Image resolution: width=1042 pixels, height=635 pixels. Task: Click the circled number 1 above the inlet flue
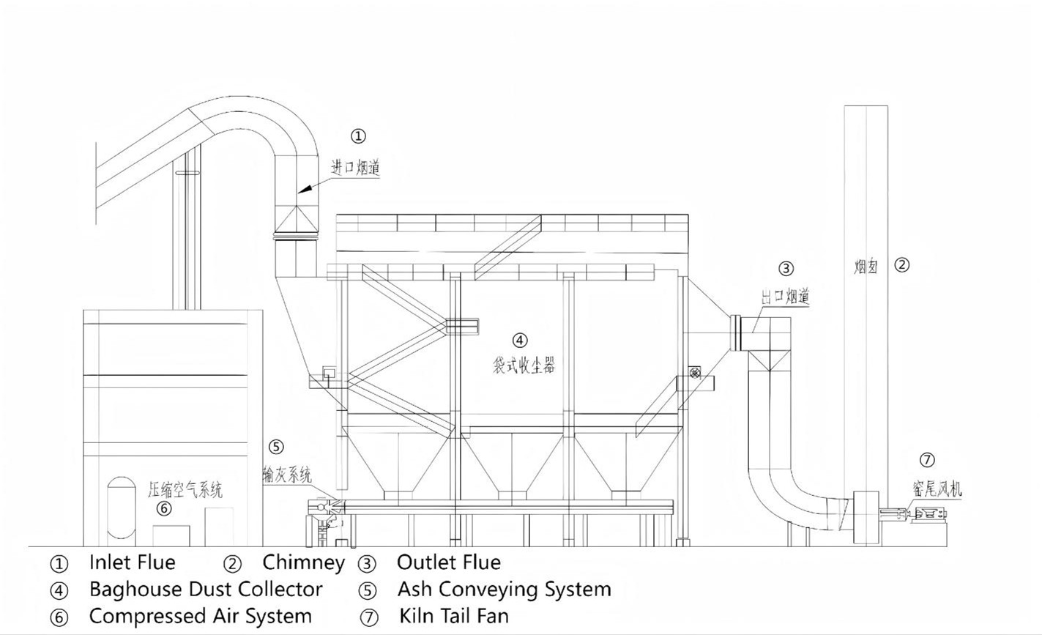click(x=357, y=135)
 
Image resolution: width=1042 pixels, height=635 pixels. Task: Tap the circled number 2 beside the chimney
click(x=902, y=265)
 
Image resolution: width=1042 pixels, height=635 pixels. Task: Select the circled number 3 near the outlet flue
click(x=786, y=269)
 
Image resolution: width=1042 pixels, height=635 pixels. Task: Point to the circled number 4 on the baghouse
click(x=519, y=340)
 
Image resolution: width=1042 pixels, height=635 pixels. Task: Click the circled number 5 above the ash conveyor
click(x=275, y=447)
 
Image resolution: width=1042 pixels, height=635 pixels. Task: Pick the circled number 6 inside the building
click(x=164, y=508)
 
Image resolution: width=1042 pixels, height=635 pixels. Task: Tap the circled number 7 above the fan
click(x=927, y=460)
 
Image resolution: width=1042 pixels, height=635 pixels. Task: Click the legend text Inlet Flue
click(x=132, y=562)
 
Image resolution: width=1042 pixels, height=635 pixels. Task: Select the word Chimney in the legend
click(x=303, y=562)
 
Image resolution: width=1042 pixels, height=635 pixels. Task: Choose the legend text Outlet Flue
click(x=448, y=562)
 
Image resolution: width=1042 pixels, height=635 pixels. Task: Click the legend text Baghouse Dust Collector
click(x=205, y=589)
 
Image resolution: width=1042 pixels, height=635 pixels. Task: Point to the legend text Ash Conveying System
click(x=504, y=589)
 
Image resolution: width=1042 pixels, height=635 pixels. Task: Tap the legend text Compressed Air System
click(x=200, y=616)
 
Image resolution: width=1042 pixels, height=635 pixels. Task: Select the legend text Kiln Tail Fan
click(x=453, y=616)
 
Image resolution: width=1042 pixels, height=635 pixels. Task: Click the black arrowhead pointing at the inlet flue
click(x=307, y=189)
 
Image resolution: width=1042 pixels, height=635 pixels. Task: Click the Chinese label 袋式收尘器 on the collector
click(x=524, y=363)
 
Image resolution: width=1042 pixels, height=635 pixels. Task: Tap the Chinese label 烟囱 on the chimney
click(x=866, y=267)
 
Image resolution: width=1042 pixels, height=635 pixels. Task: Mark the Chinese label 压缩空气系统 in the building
click(x=185, y=489)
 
